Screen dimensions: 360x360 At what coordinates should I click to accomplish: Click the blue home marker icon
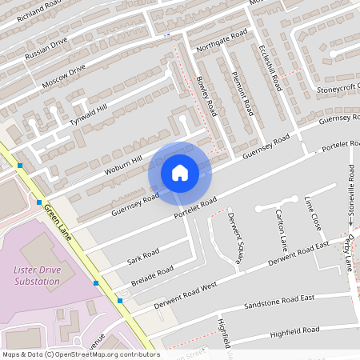coord(180,173)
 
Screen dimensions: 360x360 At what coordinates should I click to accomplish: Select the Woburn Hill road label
coord(122,162)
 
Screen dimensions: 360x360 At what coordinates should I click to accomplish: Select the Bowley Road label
coord(206,95)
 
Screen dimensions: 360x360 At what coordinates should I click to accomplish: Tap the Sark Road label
coord(143,255)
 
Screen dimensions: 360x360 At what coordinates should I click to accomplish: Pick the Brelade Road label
coord(152,276)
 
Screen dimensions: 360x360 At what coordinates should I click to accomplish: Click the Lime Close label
coord(313,213)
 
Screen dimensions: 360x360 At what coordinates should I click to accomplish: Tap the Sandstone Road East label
coord(278,303)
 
